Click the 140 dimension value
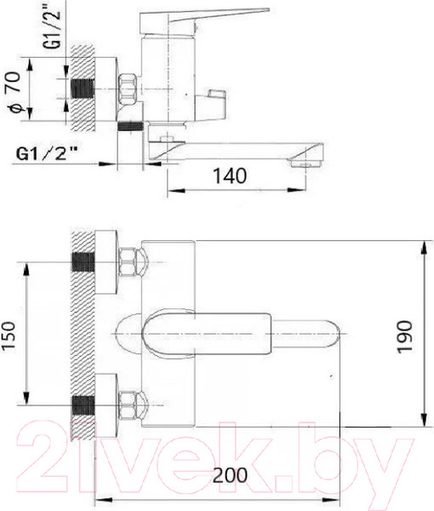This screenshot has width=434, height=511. point(230,176)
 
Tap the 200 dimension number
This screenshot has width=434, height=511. point(230,475)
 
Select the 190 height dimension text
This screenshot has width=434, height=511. point(405,337)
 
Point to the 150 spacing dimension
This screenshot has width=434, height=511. point(9,336)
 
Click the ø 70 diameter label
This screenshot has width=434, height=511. point(15,93)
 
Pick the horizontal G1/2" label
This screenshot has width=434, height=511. point(47,153)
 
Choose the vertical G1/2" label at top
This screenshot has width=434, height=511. point(53,26)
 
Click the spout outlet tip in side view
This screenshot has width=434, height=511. point(306,160)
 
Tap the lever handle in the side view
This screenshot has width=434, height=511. point(203,21)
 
